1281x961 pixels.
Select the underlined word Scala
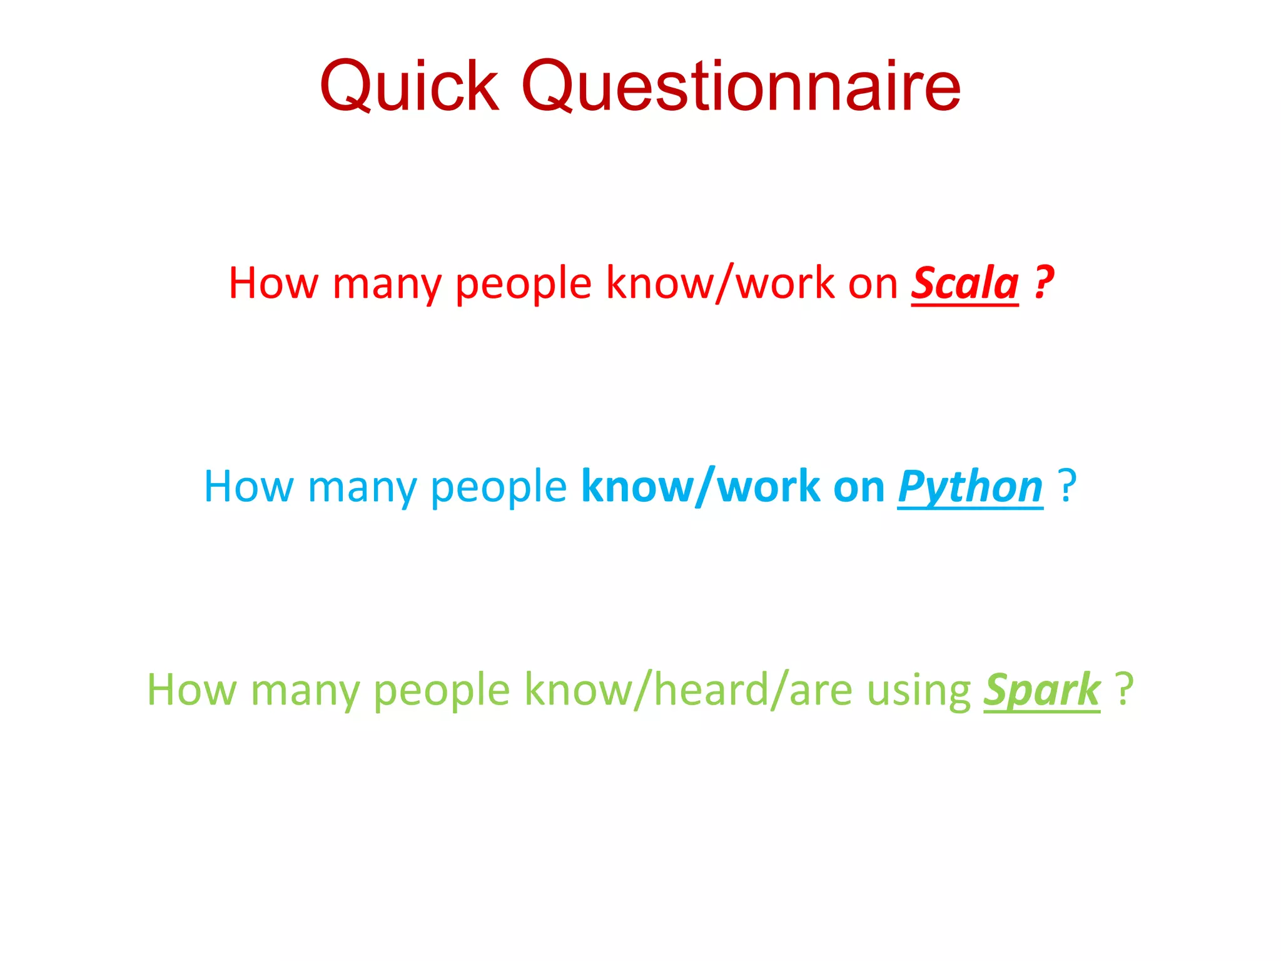coord(965,283)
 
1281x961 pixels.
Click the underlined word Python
coord(970,487)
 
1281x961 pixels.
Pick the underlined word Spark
coord(1041,689)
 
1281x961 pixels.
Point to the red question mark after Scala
coord(1044,283)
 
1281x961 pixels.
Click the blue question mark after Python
coord(1067,486)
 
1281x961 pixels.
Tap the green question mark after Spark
coord(1125,689)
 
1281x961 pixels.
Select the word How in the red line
coord(273,283)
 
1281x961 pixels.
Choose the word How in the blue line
coord(249,487)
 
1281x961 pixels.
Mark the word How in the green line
coord(191,689)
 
